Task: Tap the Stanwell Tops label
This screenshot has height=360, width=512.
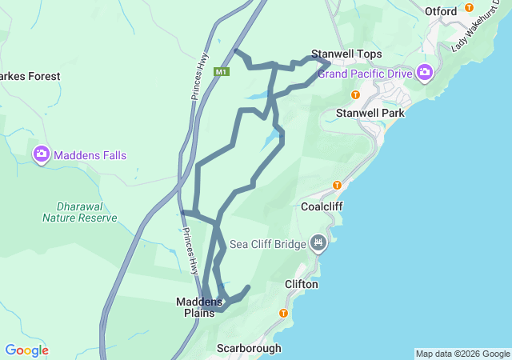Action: coord(346,54)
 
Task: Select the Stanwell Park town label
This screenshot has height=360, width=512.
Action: coord(370,113)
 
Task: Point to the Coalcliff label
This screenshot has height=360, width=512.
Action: coord(323,206)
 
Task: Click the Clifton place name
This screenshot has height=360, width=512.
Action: coord(302,284)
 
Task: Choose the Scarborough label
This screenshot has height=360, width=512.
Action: coord(249,349)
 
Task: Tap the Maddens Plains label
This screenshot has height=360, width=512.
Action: coord(200,307)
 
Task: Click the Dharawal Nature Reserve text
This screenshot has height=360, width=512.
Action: coord(79,211)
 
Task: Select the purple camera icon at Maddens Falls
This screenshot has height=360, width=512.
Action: coord(41,154)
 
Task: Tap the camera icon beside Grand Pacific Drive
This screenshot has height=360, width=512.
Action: coord(425,74)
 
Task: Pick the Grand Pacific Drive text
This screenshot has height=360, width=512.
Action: coord(365,74)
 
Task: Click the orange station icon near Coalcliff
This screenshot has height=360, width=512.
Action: coord(337,185)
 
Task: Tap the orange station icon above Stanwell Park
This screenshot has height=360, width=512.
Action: coord(356,94)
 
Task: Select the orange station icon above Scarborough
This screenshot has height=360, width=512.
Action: coord(282,313)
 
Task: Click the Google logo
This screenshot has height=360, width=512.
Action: coord(26,350)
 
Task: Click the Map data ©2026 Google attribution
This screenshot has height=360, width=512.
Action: coord(462,354)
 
